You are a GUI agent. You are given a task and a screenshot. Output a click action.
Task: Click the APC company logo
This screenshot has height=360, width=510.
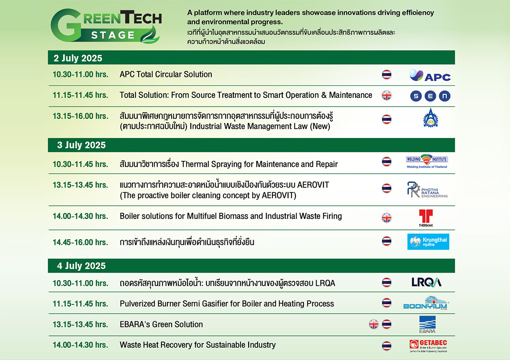[430, 75]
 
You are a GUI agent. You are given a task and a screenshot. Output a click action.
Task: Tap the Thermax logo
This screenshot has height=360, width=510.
[426, 218]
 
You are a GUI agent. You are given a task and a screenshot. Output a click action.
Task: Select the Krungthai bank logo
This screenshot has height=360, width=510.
[428, 242]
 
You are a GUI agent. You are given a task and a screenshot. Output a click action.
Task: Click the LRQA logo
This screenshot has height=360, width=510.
[426, 282]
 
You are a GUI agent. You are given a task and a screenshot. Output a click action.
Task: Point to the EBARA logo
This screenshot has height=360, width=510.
[428, 324]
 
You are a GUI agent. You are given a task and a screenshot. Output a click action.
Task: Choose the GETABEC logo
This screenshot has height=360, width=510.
[428, 346]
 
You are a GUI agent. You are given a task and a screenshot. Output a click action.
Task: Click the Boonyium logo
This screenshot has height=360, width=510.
[425, 303]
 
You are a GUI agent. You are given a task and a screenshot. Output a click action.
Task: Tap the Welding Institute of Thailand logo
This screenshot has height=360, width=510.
[427, 161]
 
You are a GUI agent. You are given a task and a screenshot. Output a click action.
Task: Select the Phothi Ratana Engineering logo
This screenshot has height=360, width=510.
[427, 189]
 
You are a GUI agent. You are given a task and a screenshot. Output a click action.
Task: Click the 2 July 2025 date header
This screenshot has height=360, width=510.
[78, 58]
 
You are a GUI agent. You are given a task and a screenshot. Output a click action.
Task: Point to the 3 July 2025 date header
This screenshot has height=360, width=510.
[81, 145]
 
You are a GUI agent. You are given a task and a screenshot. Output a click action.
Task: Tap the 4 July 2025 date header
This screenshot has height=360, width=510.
[81, 266]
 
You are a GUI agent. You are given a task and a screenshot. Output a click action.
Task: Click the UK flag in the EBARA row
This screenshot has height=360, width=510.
[374, 324]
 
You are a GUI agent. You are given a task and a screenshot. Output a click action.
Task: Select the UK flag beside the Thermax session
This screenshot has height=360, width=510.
[387, 217]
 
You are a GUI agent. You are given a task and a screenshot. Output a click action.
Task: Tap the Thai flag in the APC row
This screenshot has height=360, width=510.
[387, 74]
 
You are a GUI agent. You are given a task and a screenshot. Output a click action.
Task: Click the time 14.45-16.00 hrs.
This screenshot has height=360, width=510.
[80, 242]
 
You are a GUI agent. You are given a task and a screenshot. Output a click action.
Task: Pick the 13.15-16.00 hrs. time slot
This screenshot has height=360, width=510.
[80, 116]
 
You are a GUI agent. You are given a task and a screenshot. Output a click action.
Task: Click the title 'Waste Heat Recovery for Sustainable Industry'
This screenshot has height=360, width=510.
[198, 345]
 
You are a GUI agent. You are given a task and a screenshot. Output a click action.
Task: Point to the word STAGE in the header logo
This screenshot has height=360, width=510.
[113, 35]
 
